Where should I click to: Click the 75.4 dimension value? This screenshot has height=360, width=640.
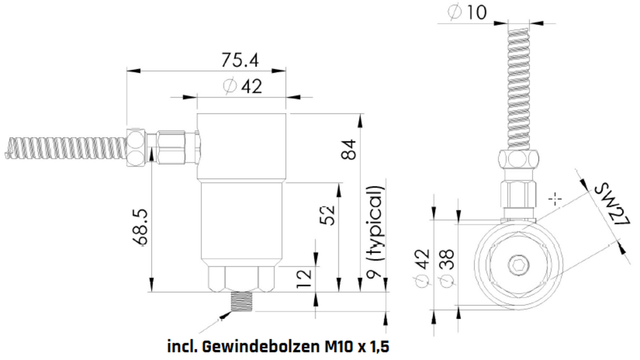pyautogui.click(x=240, y=61)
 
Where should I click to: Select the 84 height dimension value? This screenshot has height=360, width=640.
pyautogui.click(x=349, y=149)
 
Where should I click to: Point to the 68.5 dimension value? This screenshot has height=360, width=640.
pyautogui.click(x=141, y=227)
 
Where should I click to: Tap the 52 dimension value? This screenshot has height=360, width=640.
pyautogui.click(x=327, y=216)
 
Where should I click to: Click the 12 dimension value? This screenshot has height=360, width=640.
pyautogui.click(x=304, y=279)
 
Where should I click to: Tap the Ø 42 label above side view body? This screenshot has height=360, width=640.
pyautogui.click(x=243, y=87)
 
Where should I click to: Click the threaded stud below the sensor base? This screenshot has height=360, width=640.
pyautogui.click(x=242, y=302)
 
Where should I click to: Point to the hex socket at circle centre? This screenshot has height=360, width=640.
pyautogui.click(x=519, y=265)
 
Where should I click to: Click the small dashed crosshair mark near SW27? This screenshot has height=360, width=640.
pyautogui.click(x=555, y=199)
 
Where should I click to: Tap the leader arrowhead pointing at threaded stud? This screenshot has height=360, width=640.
pyautogui.click(x=227, y=315)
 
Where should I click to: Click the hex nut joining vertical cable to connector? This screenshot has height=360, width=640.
pyautogui.click(x=519, y=159)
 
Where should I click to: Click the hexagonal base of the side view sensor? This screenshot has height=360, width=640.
pyautogui.click(x=241, y=279)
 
